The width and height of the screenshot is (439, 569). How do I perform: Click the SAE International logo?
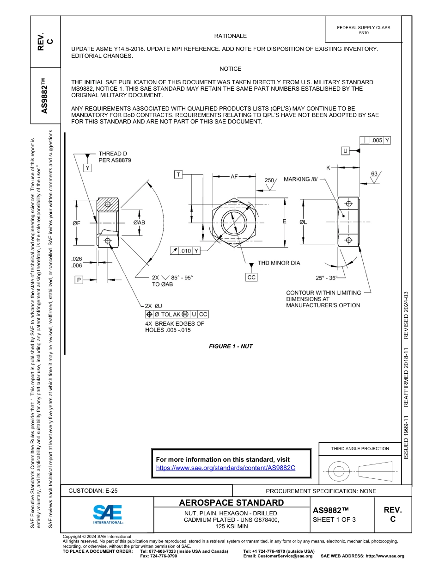(x=108, y=514)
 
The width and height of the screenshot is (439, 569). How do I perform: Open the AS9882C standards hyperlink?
(x=226, y=468)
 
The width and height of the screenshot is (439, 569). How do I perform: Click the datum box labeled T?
(x=178, y=174)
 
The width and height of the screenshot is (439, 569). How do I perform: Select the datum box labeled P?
(x=79, y=279)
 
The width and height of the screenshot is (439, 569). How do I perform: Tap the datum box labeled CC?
(x=251, y=277)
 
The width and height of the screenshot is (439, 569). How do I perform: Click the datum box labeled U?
(x=345, y=151)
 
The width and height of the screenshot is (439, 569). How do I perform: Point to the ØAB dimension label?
(x=139, y=223)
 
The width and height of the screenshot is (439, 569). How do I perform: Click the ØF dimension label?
(x=77, y=223)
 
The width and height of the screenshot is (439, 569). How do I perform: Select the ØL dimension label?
(x=303, y=222)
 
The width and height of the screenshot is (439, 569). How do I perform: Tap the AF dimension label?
(x=235, y=176)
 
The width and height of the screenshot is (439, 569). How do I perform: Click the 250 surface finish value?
(x=269, y=180)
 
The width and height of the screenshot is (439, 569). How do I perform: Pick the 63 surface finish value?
(x=374, y=173)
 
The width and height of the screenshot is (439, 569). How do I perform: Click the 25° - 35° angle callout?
(x=327, y=278)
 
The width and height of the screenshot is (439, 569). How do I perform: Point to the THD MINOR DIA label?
(x=279, y=263)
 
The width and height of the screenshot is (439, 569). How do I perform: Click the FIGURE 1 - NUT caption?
(x=231, y=346)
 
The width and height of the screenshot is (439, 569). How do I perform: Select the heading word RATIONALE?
(x=231, y=36)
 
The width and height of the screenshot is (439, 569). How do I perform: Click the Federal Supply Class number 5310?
(x=364, y=33)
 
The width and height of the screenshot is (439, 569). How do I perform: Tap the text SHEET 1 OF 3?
(x=334, y=520)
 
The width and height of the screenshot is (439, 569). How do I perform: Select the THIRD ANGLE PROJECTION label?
(x=360, y=448)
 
